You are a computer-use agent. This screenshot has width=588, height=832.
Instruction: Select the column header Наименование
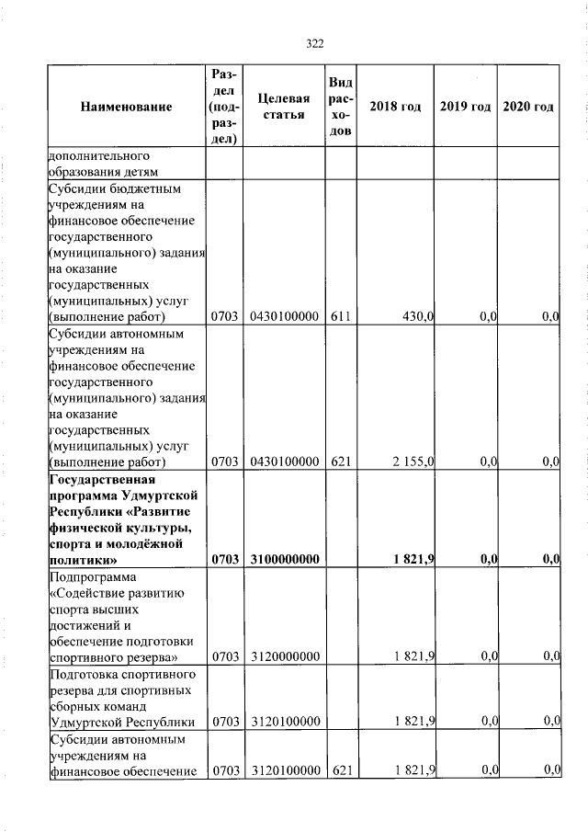coord(127,108)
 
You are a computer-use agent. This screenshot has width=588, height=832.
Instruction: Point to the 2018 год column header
coord(395,108)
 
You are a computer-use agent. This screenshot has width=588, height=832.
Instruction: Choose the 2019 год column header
coord(465,108)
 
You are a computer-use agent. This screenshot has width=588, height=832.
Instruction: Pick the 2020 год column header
coord(528,108)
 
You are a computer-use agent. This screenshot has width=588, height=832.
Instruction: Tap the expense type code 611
coord(341,317)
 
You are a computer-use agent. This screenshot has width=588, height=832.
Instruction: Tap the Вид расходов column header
coord(341,108)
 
